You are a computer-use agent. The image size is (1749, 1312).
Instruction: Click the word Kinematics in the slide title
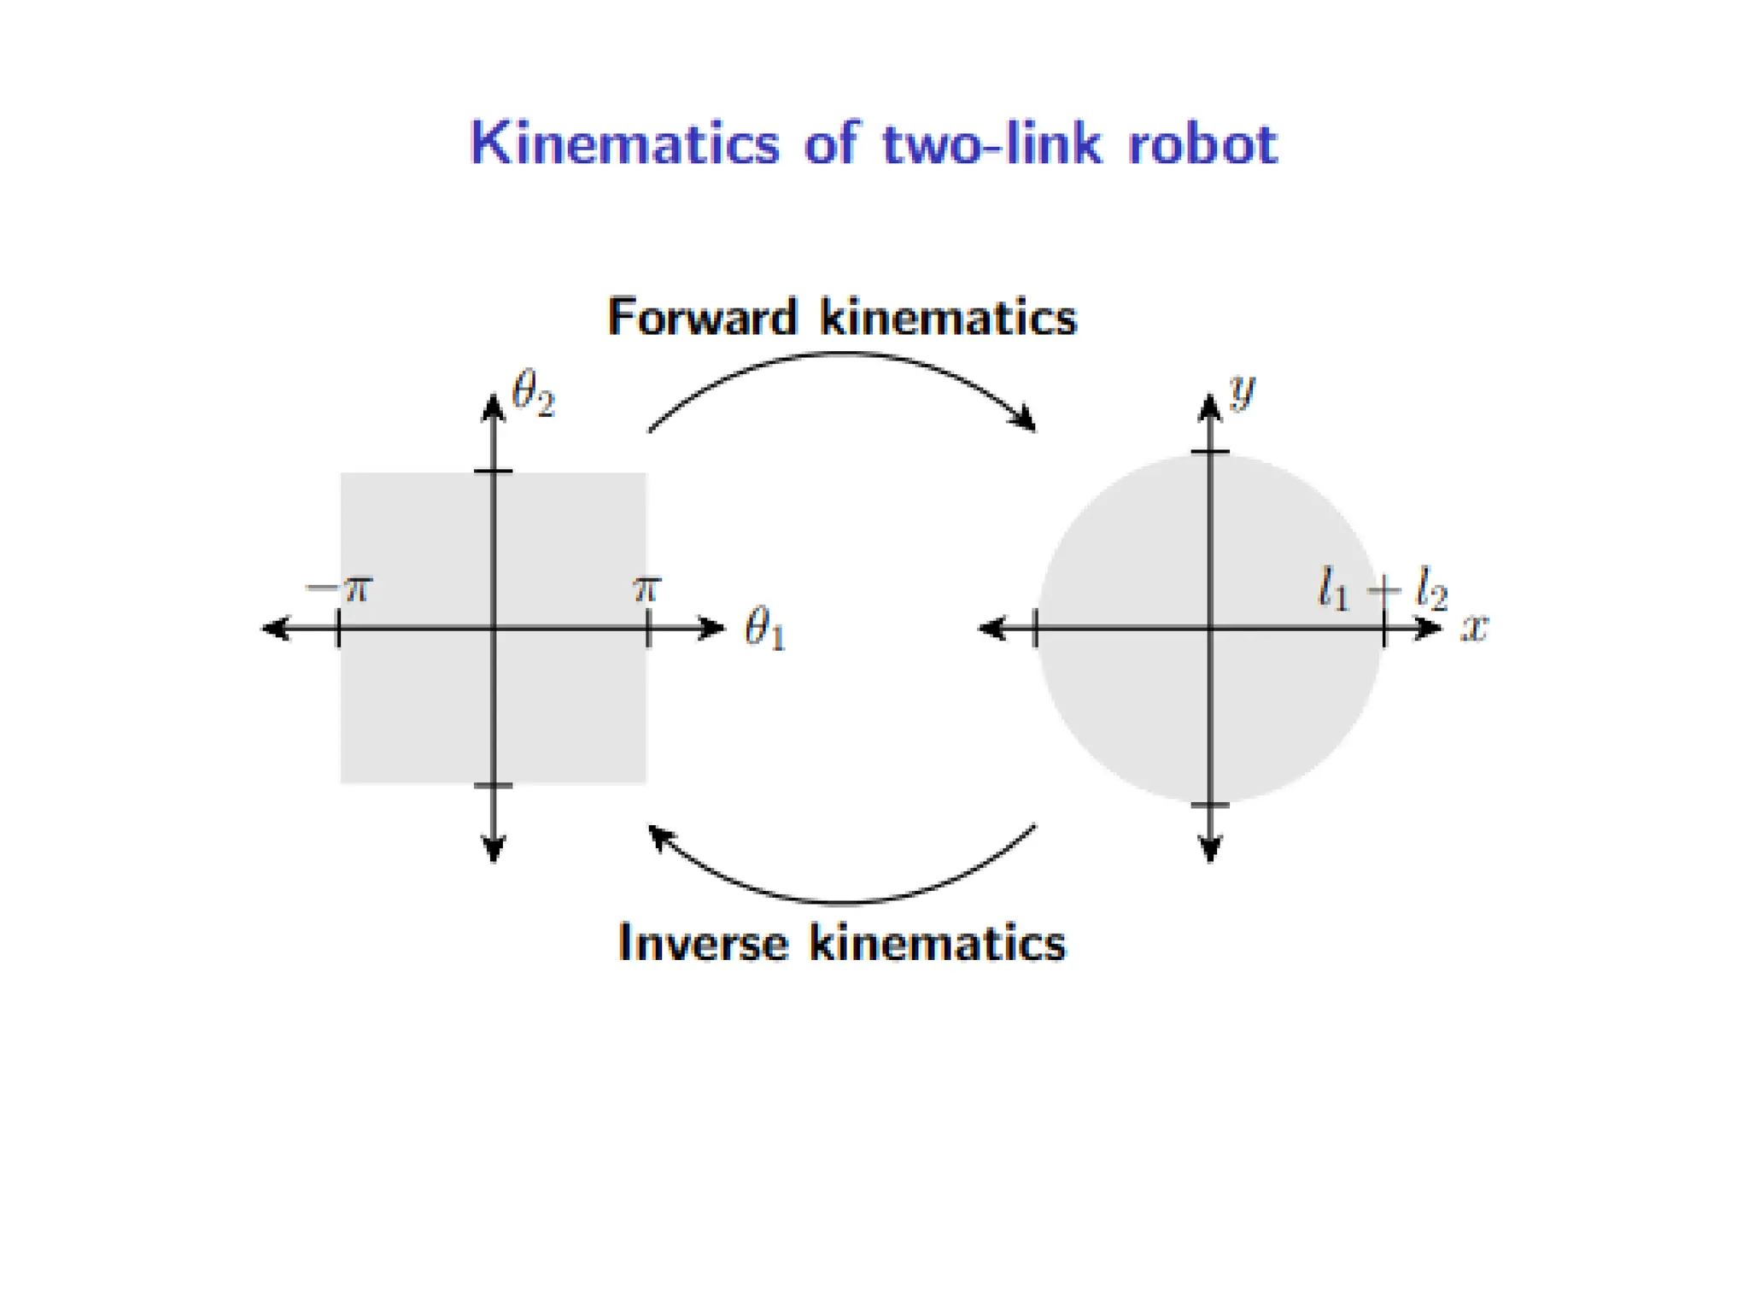[624, 143]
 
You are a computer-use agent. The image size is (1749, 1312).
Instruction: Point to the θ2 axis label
[533, 394]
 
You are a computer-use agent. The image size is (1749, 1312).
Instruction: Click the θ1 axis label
[764, 630]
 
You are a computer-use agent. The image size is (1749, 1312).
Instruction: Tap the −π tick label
[340, 589]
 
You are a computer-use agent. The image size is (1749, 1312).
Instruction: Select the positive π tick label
[646, 589]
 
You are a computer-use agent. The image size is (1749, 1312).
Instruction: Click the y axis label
[1242, 391]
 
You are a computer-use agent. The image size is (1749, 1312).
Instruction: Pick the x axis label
[1474, 628]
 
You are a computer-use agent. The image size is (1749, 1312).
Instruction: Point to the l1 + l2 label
[1383, 589]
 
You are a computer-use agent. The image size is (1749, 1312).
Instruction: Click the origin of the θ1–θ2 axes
[494, 630]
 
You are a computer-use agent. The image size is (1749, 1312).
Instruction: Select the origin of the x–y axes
[1210, 630]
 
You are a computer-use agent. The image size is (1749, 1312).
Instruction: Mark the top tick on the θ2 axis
[494, 471]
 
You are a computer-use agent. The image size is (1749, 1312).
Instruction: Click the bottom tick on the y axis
[1210, 805]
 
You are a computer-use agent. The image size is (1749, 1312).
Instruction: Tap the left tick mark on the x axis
[1036, 630]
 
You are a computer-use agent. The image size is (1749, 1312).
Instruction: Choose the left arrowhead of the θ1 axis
[273, 630]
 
